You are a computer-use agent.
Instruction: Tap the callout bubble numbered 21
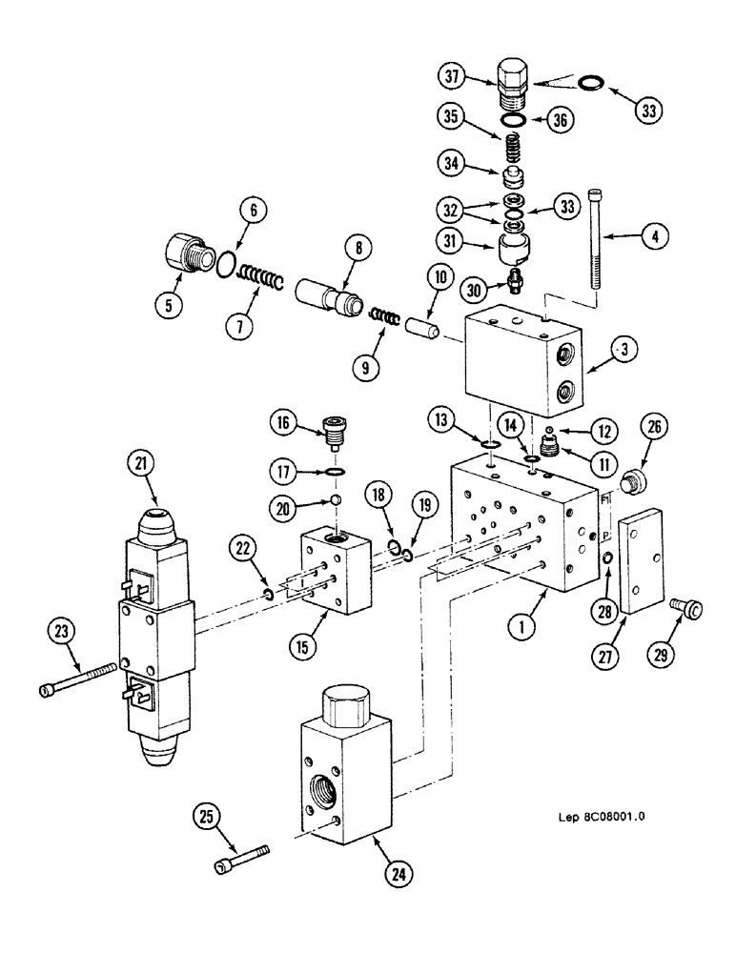(142, 465)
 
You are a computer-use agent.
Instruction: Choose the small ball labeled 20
(337, 501)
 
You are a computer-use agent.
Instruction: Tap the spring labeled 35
(512, 149)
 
